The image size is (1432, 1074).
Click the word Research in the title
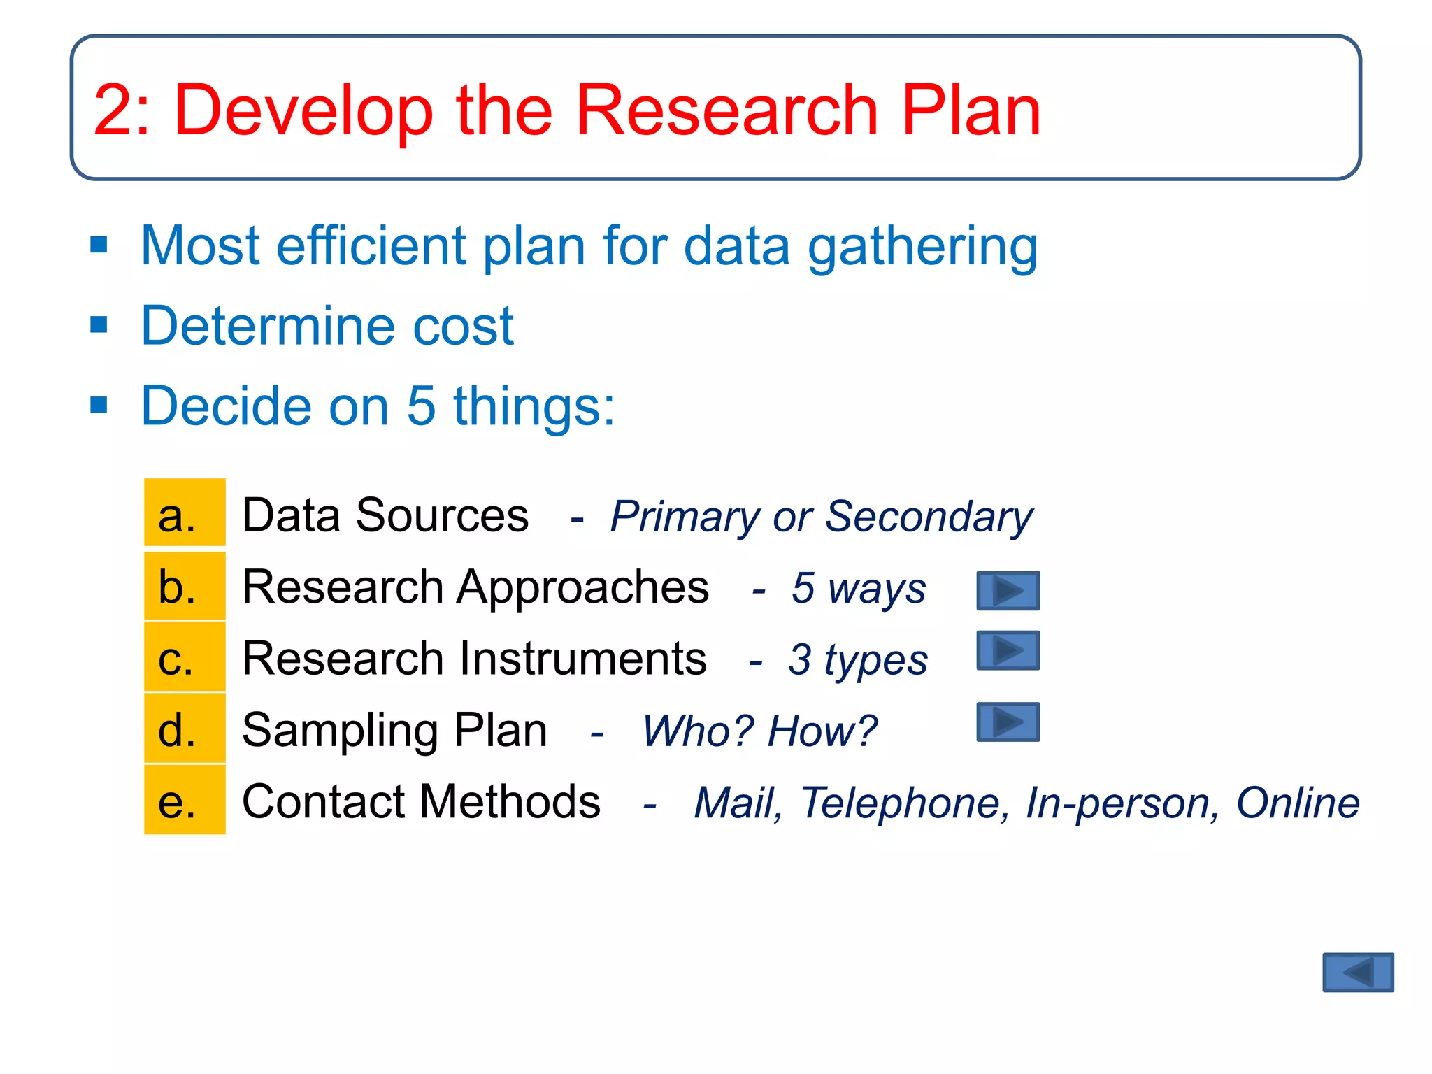(726, 110)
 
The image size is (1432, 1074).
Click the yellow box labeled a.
(185, 513)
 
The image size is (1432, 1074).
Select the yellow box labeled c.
(185, 657)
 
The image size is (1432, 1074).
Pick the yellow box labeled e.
(185, 800)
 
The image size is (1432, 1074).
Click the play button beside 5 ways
(1008, 591)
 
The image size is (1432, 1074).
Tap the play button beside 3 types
(1008, 650)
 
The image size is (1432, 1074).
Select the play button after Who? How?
(1008, 722)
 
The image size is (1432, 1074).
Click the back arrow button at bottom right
(1357, 972)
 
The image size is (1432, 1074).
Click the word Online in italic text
(1297, 803)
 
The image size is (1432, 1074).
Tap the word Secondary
(929, 517)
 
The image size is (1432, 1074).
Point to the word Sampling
(341, 731)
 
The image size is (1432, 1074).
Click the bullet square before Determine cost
(99, 325)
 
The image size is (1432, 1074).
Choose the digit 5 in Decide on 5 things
(420, 406)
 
